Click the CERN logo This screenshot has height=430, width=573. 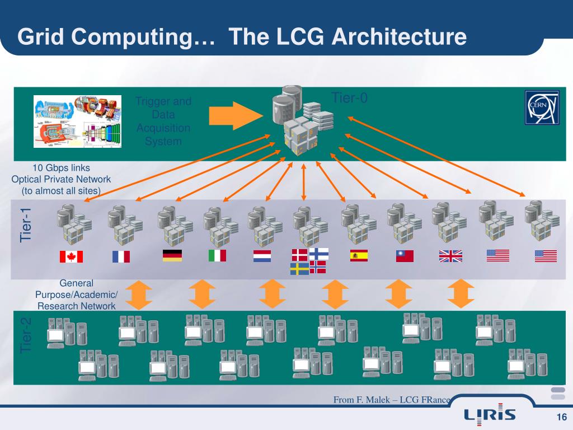(x=541, y=107)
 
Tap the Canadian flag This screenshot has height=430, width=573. (x=71, y=256)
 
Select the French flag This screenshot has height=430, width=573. (x=120, y=256)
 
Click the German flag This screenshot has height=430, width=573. (x=172, y=256)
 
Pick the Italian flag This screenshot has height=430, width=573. (x=217, y=256)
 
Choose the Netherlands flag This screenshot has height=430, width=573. (x=262, y=256)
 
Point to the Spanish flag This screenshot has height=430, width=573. (x=358, y=256)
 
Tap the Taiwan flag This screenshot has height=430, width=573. (x=405, y=256)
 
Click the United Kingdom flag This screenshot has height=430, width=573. (x=450, y=256)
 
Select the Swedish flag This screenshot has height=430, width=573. (x=299, y=269)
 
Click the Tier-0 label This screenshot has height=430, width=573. (x=350, y=99)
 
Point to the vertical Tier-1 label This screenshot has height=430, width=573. (x=26, y=225)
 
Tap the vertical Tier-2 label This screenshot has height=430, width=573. (x=26, y=335)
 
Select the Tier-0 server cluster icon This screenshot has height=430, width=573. (x=300, y=120)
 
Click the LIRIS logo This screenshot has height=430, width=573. (x=490, y=414)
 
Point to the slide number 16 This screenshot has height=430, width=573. (x=561, y=417)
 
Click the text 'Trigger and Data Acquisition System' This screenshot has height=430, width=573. (x=163, y=121)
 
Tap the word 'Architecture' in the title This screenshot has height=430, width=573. (x=399, y=37)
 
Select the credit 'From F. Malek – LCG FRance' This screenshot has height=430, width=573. (x=392, y=399)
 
